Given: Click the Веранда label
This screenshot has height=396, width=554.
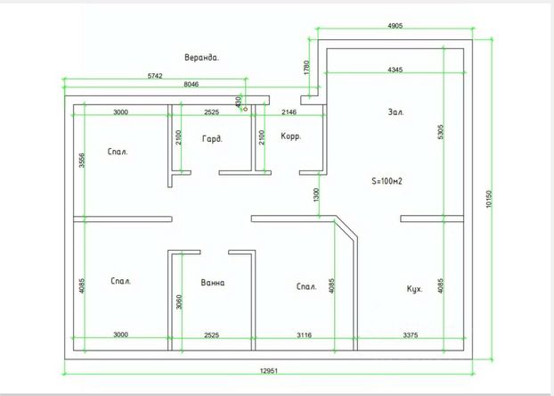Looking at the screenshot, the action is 201,57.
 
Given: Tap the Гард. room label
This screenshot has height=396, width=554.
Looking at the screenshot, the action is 211,138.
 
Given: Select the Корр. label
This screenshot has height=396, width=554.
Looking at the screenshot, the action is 290,137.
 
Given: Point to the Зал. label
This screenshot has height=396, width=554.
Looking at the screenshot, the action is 395,112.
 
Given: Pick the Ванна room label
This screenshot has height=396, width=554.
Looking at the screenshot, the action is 213,284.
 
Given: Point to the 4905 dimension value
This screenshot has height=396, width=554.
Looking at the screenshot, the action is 395,26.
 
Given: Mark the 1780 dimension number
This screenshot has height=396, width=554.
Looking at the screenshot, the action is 306,68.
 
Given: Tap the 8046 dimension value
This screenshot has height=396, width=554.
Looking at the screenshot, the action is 191,85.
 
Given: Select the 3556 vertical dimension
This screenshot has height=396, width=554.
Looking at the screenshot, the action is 81,161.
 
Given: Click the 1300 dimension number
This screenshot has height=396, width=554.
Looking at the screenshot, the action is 316,194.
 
